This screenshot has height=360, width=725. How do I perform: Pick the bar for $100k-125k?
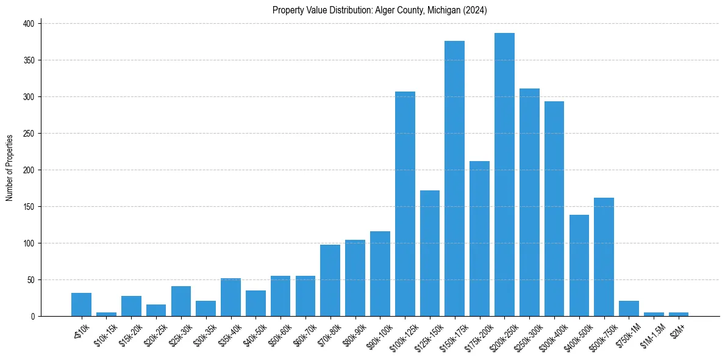405,204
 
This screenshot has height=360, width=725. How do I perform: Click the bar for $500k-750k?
604,257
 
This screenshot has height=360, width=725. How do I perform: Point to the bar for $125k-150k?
430,253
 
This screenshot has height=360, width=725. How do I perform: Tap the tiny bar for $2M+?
678,314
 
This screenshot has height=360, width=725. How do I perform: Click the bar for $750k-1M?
629,309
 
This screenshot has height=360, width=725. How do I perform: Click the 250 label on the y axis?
30,134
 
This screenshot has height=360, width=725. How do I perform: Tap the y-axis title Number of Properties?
10,168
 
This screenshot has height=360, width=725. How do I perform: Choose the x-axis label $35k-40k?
228,332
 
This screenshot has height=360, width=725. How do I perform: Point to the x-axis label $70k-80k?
327,332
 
